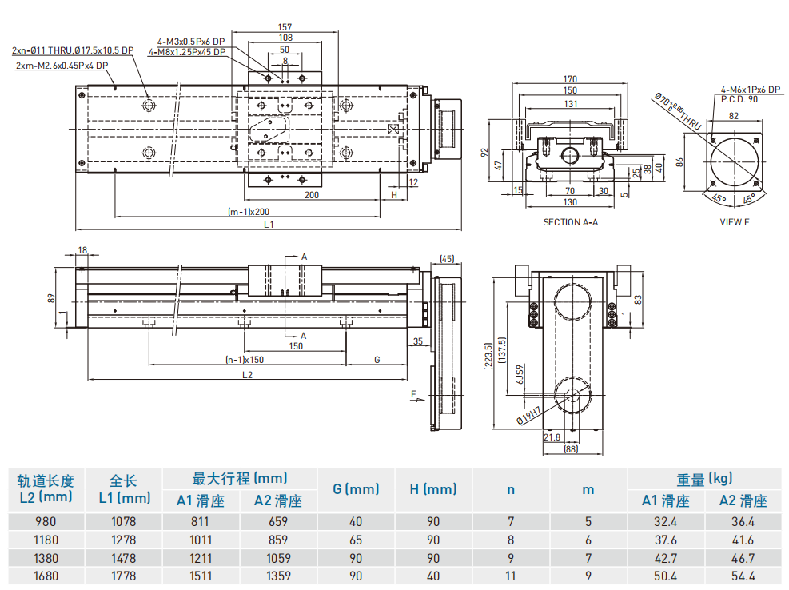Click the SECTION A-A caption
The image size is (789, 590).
[570, 221]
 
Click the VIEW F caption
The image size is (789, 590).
[734, 221]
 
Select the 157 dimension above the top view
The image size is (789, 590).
[285, 27]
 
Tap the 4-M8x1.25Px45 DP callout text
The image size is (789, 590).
[187, 51]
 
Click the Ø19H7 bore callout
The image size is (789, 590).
[528, 415]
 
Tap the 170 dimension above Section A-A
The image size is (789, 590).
[569, 79]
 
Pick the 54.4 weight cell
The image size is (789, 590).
[743, 576]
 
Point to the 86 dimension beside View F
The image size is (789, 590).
[679, 161]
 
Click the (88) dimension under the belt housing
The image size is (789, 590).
[570, 450]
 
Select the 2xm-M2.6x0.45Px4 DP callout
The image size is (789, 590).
[62, 65]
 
